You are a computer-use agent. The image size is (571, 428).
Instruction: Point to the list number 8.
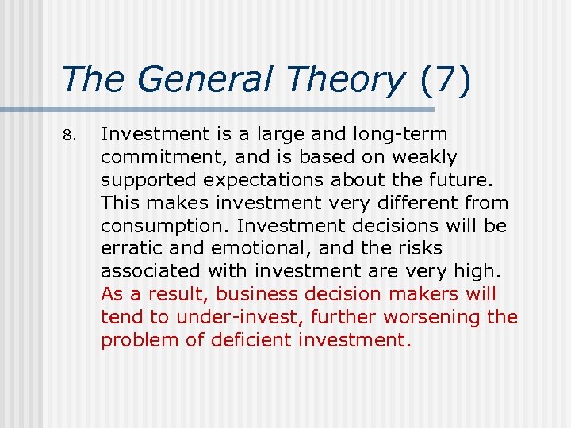(67, 135)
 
